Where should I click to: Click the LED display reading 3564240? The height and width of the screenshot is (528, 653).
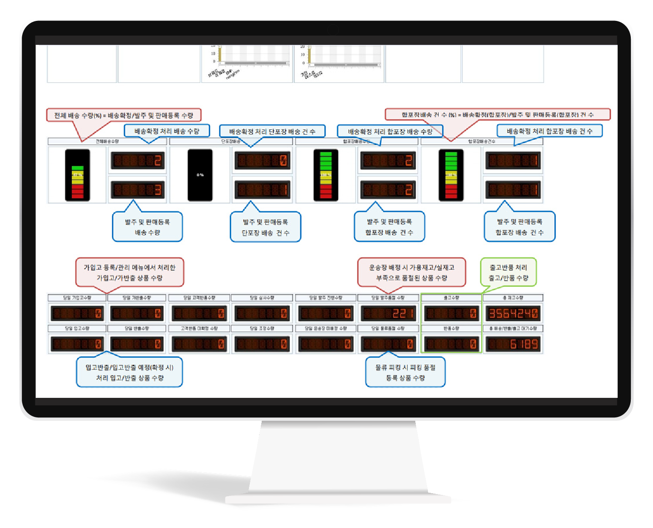513,313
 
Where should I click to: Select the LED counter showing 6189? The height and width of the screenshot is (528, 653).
513,344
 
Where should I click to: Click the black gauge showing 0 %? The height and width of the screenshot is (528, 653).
200,175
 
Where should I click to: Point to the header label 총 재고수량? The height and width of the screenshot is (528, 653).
513,298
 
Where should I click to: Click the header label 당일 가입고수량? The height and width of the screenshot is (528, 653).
77,298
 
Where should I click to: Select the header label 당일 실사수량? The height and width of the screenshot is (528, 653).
262,298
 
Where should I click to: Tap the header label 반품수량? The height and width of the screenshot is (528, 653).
451,329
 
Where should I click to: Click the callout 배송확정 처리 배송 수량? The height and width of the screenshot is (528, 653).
167,131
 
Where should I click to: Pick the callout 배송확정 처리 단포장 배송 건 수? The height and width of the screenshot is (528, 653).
272,131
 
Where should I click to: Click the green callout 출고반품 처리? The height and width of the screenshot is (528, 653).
508,272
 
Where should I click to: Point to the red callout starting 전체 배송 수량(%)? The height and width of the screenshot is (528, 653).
124,115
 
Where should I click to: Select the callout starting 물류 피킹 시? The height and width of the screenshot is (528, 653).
405,373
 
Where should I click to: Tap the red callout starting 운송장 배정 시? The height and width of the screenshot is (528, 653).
411,272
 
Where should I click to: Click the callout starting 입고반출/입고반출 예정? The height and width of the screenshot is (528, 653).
129,373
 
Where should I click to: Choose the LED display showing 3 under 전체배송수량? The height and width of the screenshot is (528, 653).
137,190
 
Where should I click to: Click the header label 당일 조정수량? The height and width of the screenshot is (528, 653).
262,329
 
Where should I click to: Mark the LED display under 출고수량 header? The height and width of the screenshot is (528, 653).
451,313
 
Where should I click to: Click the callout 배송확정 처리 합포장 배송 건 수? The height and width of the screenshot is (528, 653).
549,131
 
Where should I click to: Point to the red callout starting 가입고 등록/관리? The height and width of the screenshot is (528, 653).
129,272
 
